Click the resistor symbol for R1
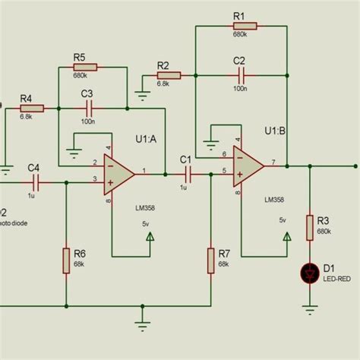pos(242,25)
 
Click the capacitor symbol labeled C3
pos(88,109)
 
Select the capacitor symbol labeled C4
pos(36,182)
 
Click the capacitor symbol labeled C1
pos(186,173)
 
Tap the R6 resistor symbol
pos(66,258)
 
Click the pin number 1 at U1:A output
pos(144,169)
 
